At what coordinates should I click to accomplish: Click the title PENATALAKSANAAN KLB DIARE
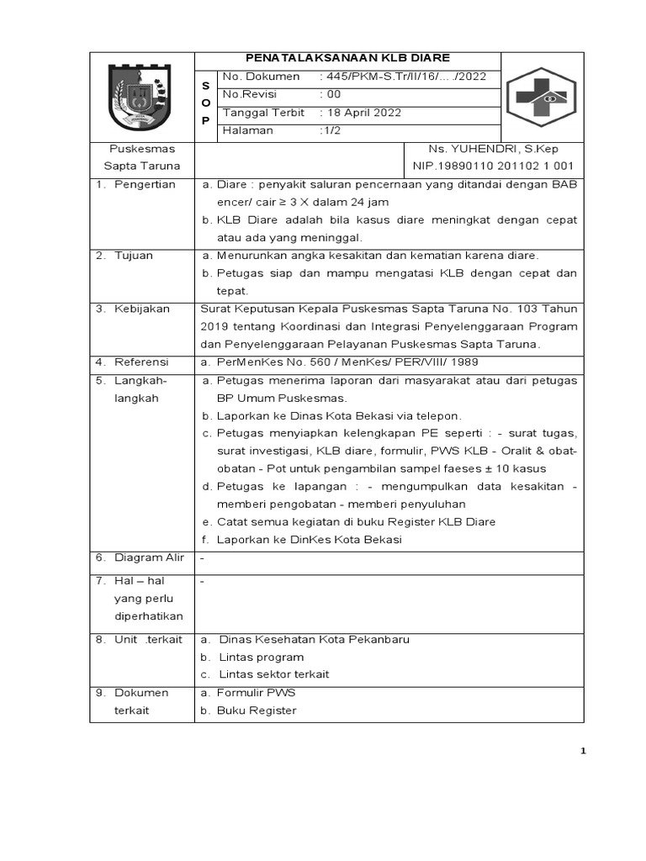(347, 58)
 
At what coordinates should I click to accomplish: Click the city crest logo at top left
(141, 96)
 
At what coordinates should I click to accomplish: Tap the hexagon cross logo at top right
(542, 97)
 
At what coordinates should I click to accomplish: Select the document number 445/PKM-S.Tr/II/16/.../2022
(402, 77)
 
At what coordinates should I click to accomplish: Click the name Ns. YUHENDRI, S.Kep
(493, 149)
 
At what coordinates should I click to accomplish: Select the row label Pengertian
(145, 184)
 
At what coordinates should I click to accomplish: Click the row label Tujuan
(134, 255)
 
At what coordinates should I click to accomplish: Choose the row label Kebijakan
(142, 309)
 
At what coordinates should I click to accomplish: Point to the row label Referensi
(141, 362)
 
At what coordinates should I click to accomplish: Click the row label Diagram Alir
(149, 557)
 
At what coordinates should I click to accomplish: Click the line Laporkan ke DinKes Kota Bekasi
(309, 539)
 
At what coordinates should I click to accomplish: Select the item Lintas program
(261, 657)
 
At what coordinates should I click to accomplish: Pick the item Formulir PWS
(256, 693)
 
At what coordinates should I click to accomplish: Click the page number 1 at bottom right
(582, 752)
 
